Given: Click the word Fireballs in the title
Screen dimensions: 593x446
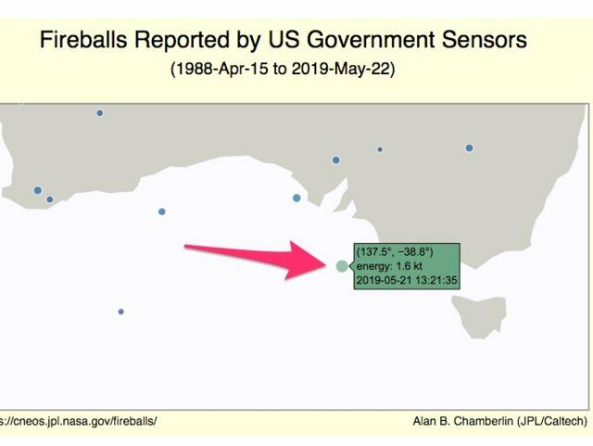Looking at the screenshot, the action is tap(83, 40).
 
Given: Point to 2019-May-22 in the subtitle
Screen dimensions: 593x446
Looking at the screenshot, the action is tap(341, 69).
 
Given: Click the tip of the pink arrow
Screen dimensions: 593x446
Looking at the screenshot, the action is tap(326, 266).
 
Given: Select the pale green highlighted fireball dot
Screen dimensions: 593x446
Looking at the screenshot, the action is tap(342, 266).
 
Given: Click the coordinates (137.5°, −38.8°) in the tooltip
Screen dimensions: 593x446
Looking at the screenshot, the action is tap(395, 252).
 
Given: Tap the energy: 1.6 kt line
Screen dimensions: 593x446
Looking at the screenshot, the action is tap(389, 266).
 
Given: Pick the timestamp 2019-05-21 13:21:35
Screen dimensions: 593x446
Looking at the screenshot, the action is tap(407, 281).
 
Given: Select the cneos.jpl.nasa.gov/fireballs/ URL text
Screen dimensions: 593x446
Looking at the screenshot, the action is tap(78, 421).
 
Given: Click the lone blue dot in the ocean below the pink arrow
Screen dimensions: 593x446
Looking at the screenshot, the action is tap(121, 312).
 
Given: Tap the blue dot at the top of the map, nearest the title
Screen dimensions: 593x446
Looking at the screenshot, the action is tap(100, 113).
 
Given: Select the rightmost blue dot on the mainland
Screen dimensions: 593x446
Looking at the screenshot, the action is tap(470, 148).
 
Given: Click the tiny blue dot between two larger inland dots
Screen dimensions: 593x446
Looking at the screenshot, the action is tap(380, 149).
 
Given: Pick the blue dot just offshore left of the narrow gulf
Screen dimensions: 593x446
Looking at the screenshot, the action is tap(296, 198).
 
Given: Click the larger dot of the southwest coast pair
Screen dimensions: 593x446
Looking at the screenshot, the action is tap(38, 190).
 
